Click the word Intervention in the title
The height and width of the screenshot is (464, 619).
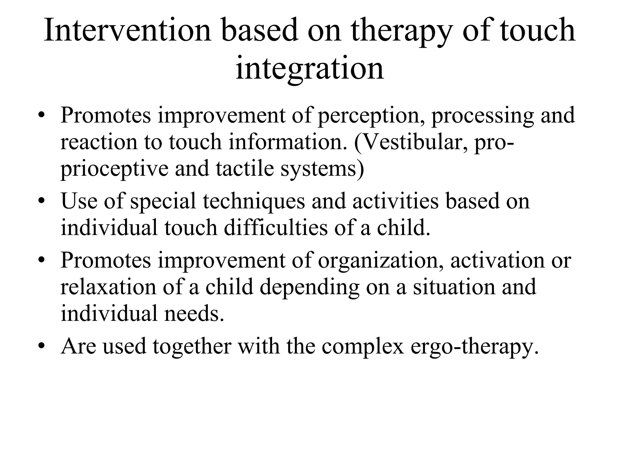tap(127, 30)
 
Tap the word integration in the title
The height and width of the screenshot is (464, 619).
tap(309, 68)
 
